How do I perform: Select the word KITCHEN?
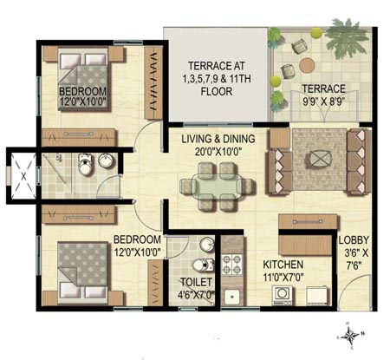point(283,265)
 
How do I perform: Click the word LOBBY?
point(355,243)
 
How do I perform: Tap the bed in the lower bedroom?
point(82,260)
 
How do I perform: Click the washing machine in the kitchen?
point(283,295)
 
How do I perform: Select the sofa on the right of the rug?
point(355,156)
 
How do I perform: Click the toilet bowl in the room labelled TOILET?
point(201,265)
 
